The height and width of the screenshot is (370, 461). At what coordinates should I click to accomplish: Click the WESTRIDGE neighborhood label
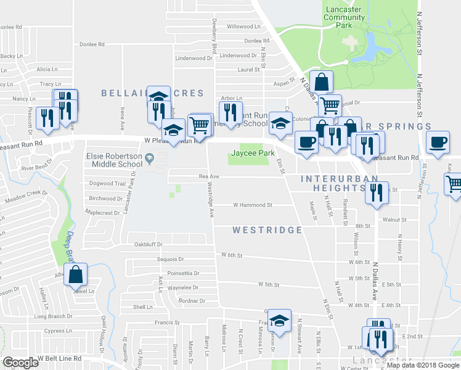pyautogui.click(x=267, y=230)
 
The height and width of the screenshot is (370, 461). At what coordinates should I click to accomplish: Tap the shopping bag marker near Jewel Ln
pyautogui.click(x=75, y=276)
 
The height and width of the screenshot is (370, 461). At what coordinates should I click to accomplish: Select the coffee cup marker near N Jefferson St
pyautogui.click(x=438, y=142)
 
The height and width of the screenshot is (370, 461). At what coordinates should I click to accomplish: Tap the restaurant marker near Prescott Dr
pyautogui.click(x=47, y=117)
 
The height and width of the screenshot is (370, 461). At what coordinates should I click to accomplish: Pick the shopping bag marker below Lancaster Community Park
pyautogui.click(x=321, y=82)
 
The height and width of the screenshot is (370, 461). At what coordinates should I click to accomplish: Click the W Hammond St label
pyautogui.click(x=253, y=205)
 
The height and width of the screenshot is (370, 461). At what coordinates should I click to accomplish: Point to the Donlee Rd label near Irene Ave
pyautogui.click(x=92, y=44)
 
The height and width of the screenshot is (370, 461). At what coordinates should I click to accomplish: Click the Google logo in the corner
pyautogui.click(x=21, y=363)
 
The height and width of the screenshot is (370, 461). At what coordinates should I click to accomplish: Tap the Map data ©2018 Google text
pyautogui.click(x=422, y=365)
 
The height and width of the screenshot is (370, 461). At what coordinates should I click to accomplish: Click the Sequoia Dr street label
pyautogui.click(x=171, y=260)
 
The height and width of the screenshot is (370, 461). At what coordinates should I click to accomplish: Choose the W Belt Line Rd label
pyautogui.click(x=59, y=358)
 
